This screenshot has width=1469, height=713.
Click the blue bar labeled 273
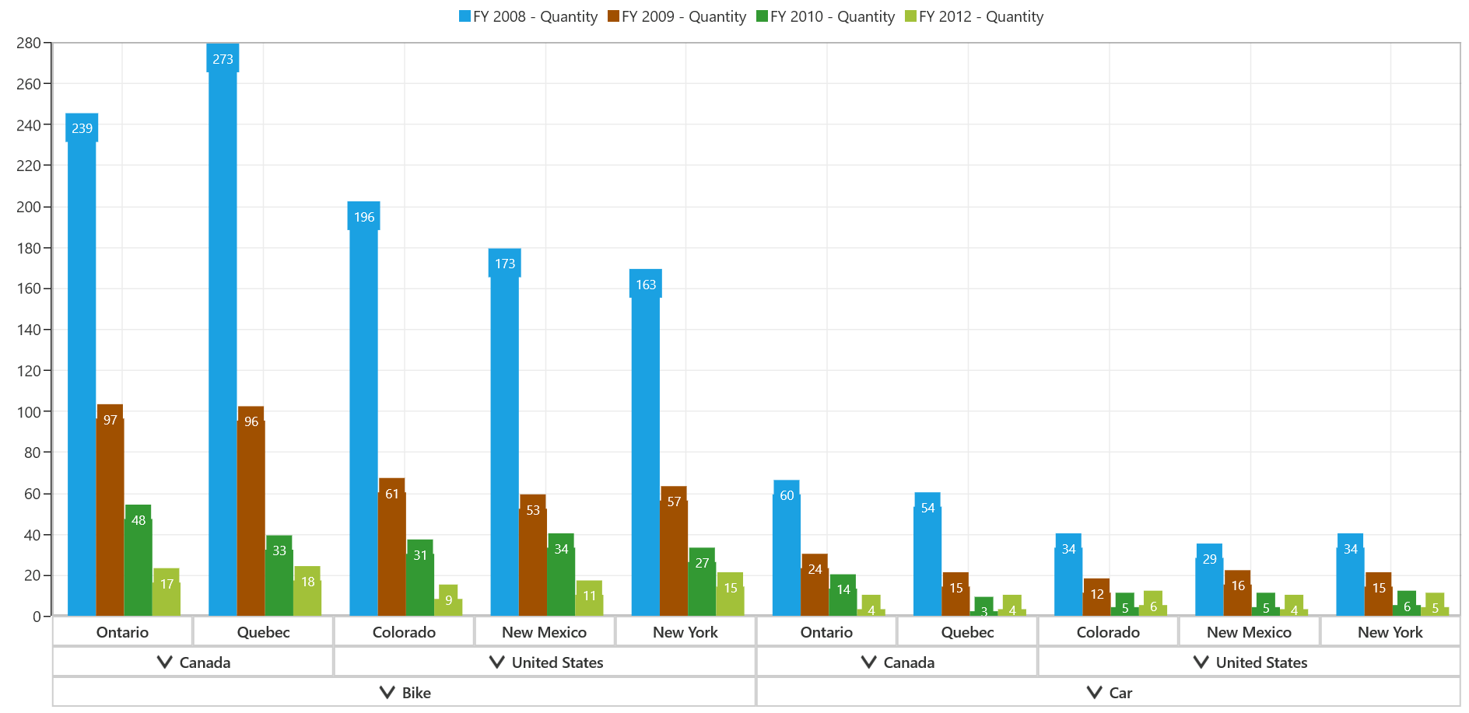coord(223,330)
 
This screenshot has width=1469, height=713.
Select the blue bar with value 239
coord(82,365)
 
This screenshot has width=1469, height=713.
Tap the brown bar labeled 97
coord(110,510)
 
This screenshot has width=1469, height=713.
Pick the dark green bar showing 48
coord(138,560)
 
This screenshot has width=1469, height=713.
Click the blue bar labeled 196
coord(363,409)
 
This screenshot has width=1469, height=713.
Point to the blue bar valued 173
coord(504,432)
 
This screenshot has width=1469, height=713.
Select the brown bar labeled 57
coord(673,551)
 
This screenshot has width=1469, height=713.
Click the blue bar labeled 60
coord(786,548)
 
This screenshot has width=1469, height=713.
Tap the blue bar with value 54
coord(927,554)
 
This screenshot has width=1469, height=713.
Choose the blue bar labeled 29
coord(1208,580)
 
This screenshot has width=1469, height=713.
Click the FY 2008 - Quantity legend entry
coord(528,16)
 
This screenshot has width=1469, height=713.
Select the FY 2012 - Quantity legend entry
coord(974,16)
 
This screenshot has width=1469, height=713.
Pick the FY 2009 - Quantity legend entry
coord(677,16)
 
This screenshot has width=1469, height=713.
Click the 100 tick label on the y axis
coord(29,412)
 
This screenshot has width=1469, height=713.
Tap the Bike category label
coord(416,693)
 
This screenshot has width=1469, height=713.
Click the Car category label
coord(1120,693)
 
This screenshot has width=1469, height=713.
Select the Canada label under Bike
coord(205,662)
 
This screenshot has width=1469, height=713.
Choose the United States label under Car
coord(1261,662)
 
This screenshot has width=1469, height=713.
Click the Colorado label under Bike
coord(404,632)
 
